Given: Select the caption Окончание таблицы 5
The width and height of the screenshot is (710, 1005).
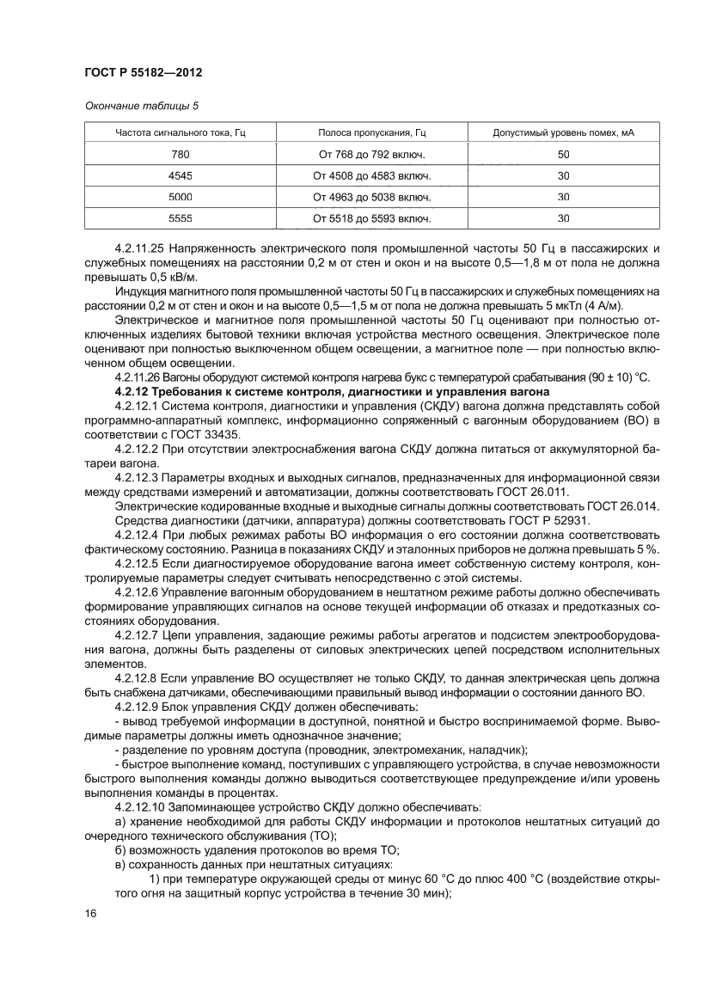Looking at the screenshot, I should (x=141, y=107).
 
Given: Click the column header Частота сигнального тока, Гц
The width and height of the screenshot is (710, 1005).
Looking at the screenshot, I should (x=181, y=132).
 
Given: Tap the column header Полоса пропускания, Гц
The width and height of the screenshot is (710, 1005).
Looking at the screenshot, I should (x=372, y=132).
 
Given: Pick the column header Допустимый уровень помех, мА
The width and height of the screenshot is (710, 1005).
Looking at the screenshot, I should (x=563, y=132).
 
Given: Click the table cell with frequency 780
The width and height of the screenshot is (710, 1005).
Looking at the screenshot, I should (x=181, y=154).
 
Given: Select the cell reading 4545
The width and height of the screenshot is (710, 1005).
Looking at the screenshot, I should (x=181, y=175).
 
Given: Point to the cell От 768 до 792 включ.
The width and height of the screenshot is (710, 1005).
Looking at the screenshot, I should (x=372, y=154).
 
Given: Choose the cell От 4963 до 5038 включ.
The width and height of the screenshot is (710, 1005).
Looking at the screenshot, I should (x=372, y=197).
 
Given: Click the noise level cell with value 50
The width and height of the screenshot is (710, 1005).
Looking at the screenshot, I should (x=563, y=154).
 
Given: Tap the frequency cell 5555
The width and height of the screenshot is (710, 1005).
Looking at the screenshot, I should (x=181, y=218).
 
